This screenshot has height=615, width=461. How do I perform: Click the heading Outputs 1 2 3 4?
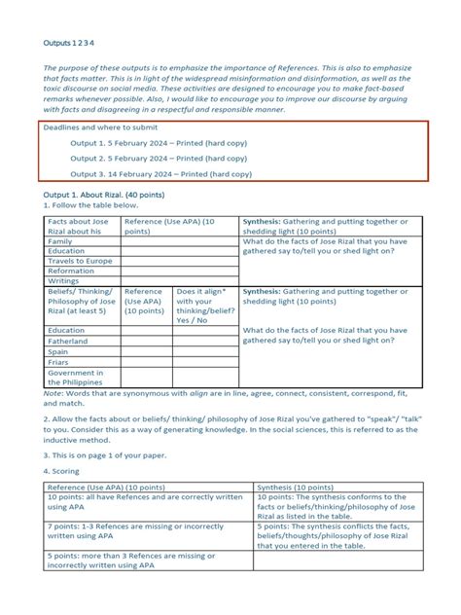(x=69, y=43)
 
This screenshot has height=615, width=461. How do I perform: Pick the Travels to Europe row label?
(x=80, y=261)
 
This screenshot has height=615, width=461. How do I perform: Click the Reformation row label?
(x=72, y=271)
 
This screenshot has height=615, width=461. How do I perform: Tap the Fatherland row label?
(x=68, y=341)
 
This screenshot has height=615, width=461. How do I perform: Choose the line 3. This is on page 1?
(x=106, y=454)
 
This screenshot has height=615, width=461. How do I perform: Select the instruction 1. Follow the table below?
(x=91, y=205)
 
